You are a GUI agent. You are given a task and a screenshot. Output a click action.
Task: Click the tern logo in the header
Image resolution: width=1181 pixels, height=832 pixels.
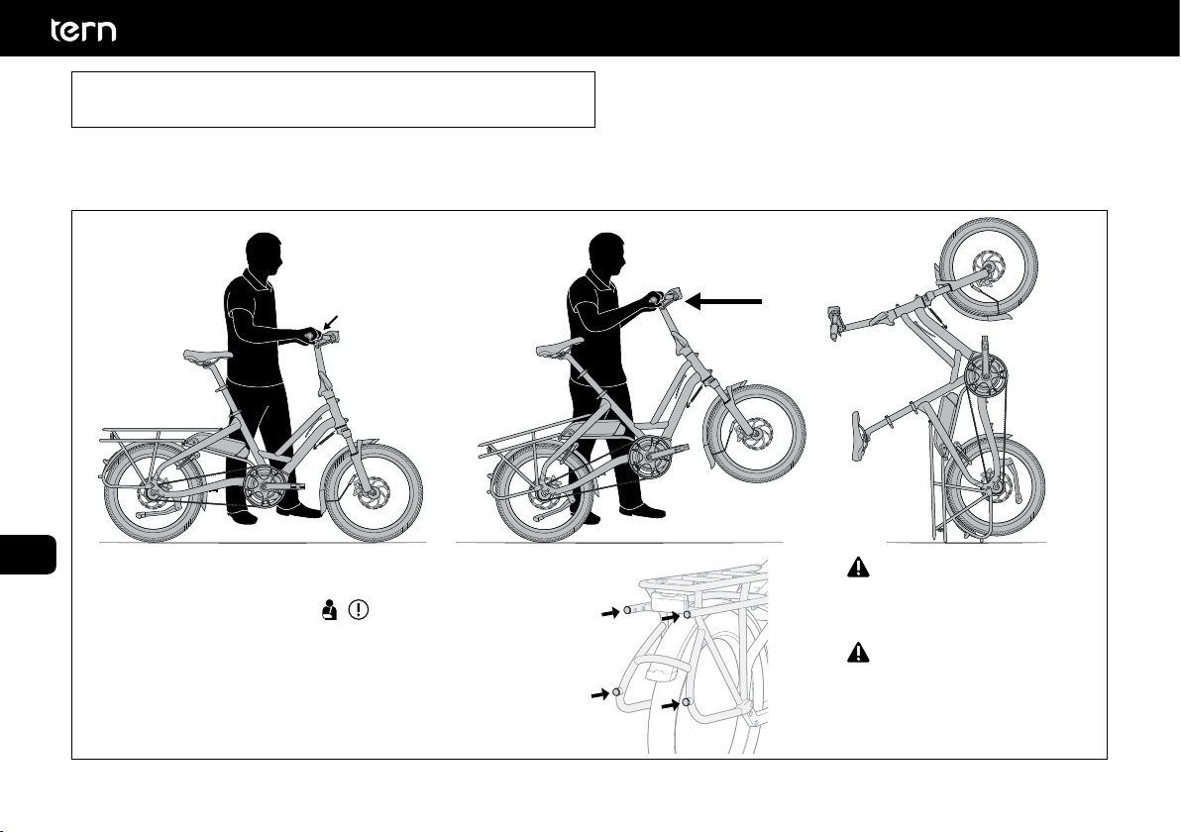(83, 30)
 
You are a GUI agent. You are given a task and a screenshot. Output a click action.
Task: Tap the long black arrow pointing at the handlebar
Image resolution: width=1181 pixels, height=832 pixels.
(724, 301)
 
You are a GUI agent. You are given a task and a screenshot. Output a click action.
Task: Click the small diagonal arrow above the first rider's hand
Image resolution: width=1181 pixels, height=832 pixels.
(332, 322)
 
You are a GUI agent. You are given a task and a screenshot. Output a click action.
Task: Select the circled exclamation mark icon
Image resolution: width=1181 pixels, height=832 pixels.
(360, 609)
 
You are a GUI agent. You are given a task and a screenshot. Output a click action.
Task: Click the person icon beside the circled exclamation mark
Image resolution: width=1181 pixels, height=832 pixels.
(328, 609)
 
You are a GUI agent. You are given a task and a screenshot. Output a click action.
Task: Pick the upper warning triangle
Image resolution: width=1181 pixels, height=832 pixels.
(858, 567)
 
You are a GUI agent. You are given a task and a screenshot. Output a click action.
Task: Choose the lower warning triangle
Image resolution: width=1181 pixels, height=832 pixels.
(858, 652)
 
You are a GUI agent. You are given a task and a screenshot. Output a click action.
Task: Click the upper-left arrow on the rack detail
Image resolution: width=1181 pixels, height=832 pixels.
(609, 614)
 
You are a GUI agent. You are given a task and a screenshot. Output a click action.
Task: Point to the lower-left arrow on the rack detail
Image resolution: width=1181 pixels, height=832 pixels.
(599, 694)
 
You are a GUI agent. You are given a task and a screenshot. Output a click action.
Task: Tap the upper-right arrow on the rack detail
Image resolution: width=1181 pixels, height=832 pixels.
(671, 617)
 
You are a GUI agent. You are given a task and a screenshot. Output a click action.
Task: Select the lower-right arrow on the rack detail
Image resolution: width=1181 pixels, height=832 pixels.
(670, 705)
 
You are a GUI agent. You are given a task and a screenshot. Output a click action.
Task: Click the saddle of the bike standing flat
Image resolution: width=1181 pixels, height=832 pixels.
(208, 356)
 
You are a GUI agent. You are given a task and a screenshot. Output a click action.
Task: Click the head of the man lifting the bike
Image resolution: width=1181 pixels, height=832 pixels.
(607, 254)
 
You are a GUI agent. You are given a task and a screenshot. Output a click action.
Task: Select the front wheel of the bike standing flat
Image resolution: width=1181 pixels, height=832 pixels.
(373, 492)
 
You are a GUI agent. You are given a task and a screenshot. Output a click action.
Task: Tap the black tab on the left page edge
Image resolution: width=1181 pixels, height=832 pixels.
(28, 554)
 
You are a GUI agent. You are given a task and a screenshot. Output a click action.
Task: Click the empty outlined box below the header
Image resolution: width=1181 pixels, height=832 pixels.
(334, 99)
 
